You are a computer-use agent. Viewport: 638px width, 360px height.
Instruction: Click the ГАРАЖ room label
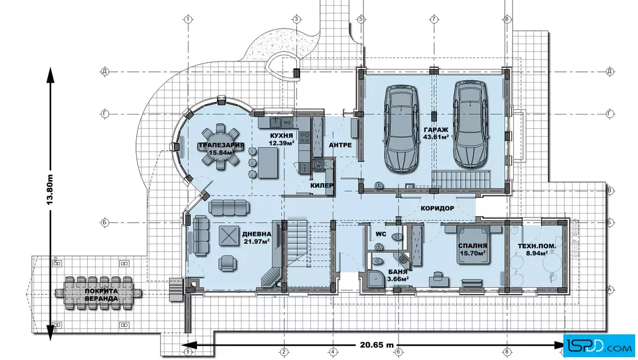pyautogui.click(x=436, y=130)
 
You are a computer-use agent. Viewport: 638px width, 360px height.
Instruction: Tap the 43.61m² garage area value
pyautogui.click(x=436, y=137)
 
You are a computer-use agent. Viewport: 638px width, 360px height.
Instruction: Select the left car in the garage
pyautogui.click(x=401, y=129)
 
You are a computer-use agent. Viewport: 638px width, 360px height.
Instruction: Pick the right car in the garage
pyautogui.click(x=470, y=124)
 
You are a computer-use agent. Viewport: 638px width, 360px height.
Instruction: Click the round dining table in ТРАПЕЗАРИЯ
pyautogui.click(x=221, y=147)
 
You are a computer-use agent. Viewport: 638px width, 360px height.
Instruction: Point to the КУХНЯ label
pyautogui.click(x=281, y=136)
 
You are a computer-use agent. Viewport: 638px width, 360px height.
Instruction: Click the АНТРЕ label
pyautogui.click(x=340, y=145)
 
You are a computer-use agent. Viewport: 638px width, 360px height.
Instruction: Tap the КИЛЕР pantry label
pyautogui.click(x=322, y=186)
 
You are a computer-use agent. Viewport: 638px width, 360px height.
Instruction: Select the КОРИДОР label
pyautogui.click(x=437, y=208)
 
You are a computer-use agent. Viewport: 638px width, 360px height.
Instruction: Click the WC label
pyautogui.click(x=381, y=234)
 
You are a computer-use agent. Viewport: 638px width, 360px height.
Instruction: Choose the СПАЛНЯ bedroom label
pyautogui.click(x=472, y=246)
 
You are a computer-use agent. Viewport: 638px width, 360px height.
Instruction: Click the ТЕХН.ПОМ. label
pyautogui.click(x=537, y=246)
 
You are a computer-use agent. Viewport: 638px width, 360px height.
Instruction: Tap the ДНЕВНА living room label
pyautogui.click(x=257, y=234)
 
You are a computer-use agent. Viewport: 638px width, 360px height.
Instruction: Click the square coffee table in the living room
pyautogui.click(x=229, y=235)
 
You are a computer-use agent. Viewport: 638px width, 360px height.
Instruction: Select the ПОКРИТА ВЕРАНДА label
pyautogui.click(x=101, y=294)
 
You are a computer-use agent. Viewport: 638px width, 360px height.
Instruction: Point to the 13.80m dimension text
pyautogui.click(x=50, y=190)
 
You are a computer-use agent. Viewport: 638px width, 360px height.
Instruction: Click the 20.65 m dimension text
pyautogui.click(x=377, y=345)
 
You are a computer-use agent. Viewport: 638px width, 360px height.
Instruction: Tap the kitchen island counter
pyautogui.click(x=268, y=163)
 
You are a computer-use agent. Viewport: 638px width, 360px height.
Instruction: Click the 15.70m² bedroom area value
pyautogui.click(x=473, y=253)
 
